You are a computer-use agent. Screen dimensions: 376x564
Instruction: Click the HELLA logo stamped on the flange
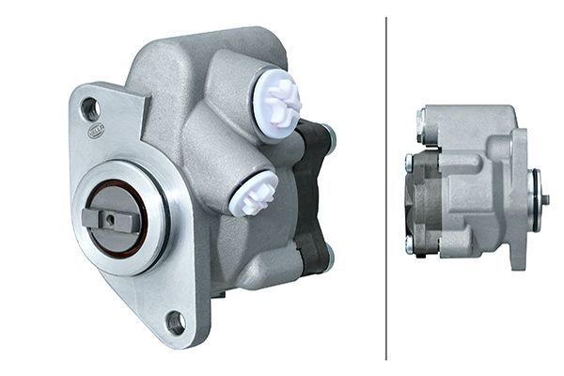coord(97,132)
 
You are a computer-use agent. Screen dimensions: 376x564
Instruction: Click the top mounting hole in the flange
coord(90,109)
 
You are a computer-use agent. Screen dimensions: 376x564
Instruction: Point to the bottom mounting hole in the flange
coord(175,322)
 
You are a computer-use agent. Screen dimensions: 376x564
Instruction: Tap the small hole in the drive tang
coord(111,219)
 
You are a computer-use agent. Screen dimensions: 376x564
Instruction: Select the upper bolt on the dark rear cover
coord(328,137)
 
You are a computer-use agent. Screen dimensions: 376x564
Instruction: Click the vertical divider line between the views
coord(386,188)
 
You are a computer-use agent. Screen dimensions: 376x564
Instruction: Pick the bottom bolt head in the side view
coord(410,246)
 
